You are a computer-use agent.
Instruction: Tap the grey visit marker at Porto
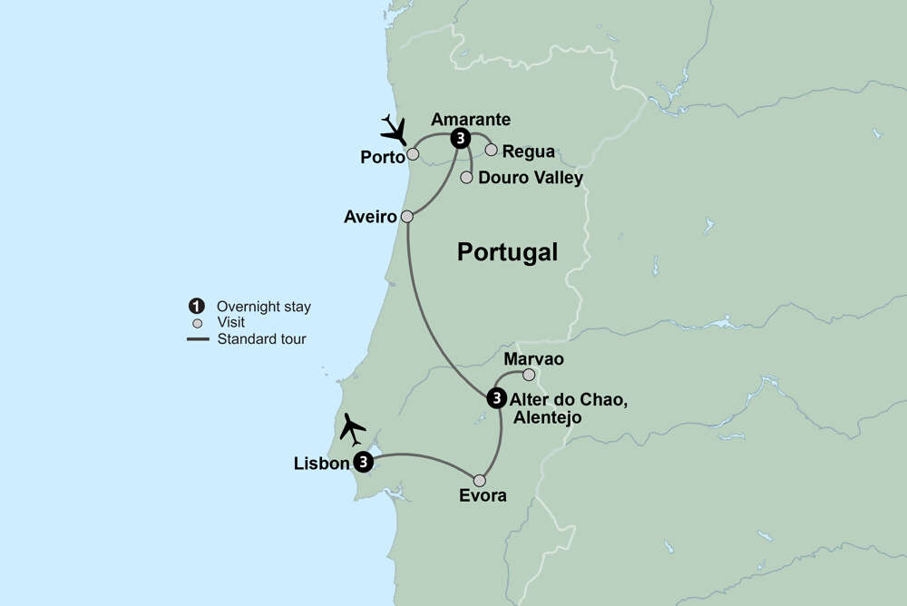point(413,154)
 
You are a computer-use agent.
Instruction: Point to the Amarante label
point(471,119)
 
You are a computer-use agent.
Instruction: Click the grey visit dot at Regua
point(492,150)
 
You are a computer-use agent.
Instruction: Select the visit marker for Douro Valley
point(467,177)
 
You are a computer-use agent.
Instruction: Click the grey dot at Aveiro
point(407,217)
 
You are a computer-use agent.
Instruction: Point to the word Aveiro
point(370,217)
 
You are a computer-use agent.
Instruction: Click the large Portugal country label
point(507,252)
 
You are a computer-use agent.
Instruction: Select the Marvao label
point(533,359)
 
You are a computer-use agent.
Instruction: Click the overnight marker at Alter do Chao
point(496,397)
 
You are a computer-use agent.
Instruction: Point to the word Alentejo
point(547,417)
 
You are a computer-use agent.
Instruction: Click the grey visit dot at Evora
point(480,481)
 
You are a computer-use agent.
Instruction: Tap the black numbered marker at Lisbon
point(364,463)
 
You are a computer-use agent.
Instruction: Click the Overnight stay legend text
point(263,307)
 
